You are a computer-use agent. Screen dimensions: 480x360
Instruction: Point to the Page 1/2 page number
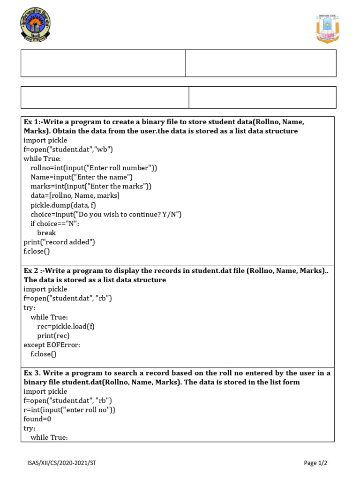[x=315, y=463]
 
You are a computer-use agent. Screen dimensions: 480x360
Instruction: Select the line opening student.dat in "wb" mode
[x=68, y=150]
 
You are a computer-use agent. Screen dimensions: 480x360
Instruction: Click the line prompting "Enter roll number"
[x=94, y=168]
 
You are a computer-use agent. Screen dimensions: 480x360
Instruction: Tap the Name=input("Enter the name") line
[x=82, y=177]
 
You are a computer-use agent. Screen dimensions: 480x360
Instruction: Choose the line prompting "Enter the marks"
[x=91, y=187]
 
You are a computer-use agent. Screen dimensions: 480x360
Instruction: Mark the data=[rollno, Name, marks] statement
[x=75, y=195]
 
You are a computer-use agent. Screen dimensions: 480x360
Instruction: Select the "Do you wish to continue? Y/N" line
[x=106, y=214]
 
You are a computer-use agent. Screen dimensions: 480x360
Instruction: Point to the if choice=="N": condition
[x=55, y=224]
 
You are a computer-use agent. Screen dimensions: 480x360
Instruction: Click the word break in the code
[x=46, y=232]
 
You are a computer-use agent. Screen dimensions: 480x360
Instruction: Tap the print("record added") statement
[x=60, y=242]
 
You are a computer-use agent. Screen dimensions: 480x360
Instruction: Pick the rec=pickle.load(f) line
[x=69, y=326]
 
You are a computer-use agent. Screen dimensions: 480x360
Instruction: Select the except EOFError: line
[x=52, y=345]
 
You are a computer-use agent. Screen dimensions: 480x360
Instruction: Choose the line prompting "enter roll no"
[x=69, y=410]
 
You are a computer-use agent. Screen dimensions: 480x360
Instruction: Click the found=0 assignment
[x=37, y=419]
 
